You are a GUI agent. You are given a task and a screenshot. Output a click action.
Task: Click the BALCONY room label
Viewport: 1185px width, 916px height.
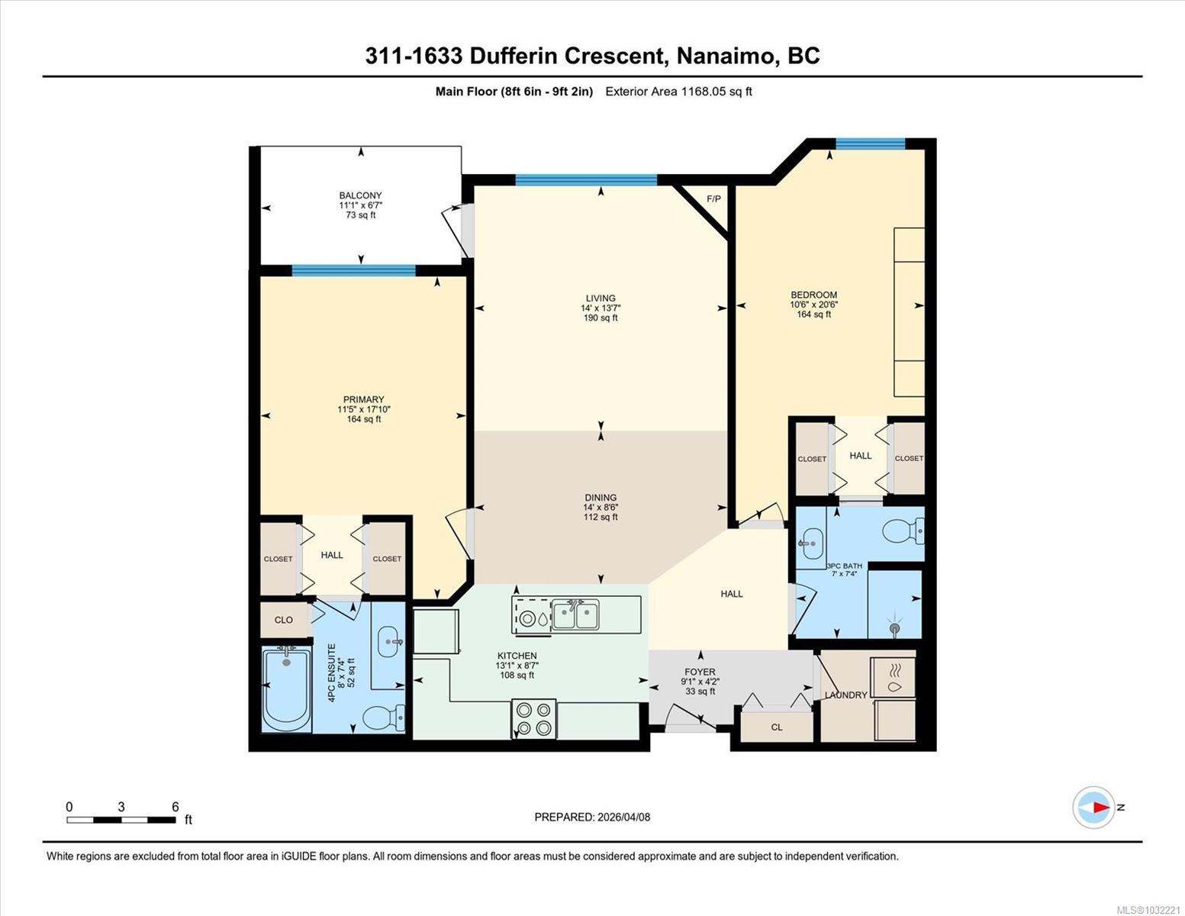[x=360, y=195]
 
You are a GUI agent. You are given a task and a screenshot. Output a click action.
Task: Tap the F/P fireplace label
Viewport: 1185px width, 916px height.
[x=713, y=199]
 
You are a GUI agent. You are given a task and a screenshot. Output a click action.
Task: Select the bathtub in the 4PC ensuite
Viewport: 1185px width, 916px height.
[x=287, y=689]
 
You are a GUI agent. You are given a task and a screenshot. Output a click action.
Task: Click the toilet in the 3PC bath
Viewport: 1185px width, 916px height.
[x=903, y=531]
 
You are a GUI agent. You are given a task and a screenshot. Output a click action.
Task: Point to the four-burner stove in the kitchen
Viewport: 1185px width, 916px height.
[x=534, y=719]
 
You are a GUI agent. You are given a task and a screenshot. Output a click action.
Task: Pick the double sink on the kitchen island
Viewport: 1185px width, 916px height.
[x=575, y=614]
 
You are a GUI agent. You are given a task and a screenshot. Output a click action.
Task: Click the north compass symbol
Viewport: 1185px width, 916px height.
[x=1094, y=808]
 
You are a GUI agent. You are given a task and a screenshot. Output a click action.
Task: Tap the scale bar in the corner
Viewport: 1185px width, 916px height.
[x=121, y=820]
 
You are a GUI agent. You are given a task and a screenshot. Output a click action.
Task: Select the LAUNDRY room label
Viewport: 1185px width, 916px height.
[x=845, y=695]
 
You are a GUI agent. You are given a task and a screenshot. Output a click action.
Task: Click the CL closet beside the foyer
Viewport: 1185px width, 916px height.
[x=777, y=727]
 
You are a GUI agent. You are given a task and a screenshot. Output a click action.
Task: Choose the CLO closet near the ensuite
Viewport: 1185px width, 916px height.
[x=284, y=620]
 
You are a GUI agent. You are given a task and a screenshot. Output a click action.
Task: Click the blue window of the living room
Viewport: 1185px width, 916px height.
[x=586, y=180]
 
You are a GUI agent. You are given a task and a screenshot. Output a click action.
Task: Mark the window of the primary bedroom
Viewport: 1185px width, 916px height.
[x=354, y=270]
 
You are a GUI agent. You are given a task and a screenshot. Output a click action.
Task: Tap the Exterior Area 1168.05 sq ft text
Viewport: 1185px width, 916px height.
[x=678, y=92]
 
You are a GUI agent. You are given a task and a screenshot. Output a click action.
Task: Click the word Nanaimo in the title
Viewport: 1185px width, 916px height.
[x=723, y=56]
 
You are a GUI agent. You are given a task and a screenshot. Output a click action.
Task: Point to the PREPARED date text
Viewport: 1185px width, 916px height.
[x=592, y=818]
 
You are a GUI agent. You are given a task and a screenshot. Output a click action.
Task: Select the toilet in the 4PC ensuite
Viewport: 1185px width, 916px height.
[x=384, y=717]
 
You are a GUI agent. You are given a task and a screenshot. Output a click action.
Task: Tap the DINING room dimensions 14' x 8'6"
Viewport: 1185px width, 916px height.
[x=601, y=508]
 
